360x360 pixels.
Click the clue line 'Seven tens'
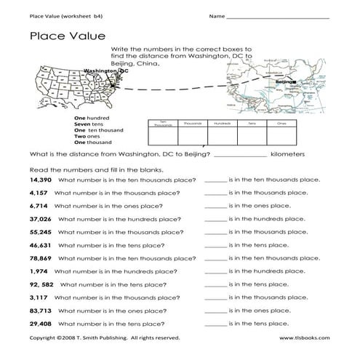pyautogui.click(x=89, y=121)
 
